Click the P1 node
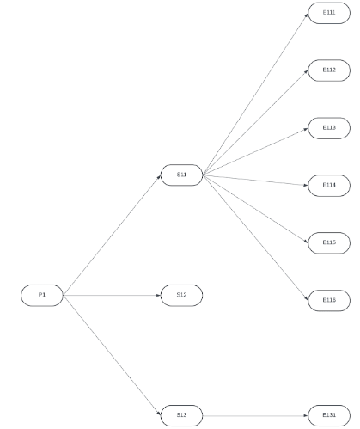(x=42, y=295)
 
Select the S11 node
(x=181, y=175)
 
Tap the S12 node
(x=181, y=295)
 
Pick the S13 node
(x=181, y=415)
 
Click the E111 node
(x=329, y=13)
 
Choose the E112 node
(x=329, y=70)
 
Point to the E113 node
(x=329, y=128)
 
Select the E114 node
(x=329, y=186)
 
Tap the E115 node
(x=329, y=243)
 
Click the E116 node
(x=329, y=300)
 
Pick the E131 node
(x=329, y=415)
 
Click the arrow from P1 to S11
(x=112, y=236)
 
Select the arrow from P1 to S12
(x=112, y=295)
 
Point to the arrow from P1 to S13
(x=112, y=355)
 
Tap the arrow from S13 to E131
(x=255, y=415)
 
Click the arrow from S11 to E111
(x=255, y=94)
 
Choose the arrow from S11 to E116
(x=255, y=237)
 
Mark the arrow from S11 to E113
(x=255, y=151)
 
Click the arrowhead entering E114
(x=306, y=185)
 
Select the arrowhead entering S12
(x=158, y=295)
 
